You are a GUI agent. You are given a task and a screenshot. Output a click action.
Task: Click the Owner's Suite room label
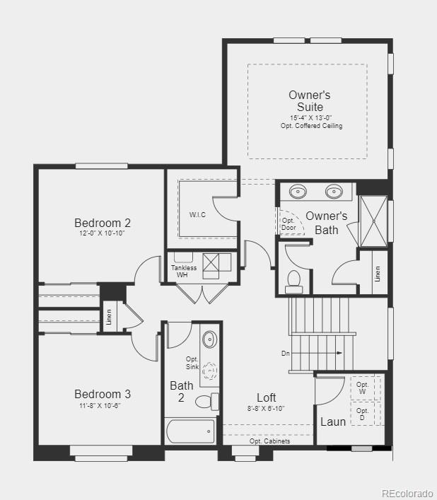click(x=309, y=100)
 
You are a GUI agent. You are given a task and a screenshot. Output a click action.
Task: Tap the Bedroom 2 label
click(x=103, y=223)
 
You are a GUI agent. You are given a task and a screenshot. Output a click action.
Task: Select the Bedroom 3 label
click(x=103, y=394)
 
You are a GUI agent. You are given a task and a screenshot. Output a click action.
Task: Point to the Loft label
click(x=266, y=397)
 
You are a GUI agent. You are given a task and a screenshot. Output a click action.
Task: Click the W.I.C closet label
click(x=197, y=214)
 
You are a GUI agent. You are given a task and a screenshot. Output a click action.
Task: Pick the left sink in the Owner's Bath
click(x=298, y=191)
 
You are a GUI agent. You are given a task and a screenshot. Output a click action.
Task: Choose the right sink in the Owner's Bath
click(x=334, y=191)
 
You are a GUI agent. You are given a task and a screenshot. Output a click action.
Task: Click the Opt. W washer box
click(x=363, y=388)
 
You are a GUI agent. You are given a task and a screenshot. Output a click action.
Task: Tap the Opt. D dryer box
click(x=363, y=414)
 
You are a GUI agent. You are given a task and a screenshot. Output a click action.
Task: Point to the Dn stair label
click(x=286, y=353)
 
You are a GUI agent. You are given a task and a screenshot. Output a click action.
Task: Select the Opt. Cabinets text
click(x=269, y=441)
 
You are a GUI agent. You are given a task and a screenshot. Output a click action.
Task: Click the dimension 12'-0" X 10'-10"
click(x=103, y=233)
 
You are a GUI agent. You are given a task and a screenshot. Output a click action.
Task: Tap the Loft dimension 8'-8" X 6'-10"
click(x=266, y=409)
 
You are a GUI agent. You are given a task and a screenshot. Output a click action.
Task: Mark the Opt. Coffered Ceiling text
click(x=311, y=126)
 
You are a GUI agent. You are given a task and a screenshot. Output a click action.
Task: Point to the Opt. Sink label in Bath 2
click(x=192, y=362)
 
